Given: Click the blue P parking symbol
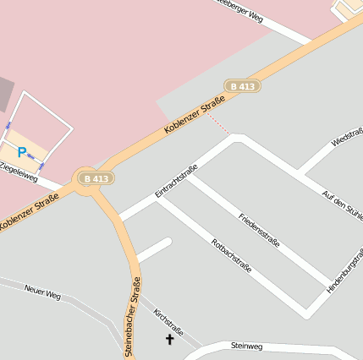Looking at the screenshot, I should pos(22,153).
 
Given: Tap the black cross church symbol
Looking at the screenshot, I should pos(169,340).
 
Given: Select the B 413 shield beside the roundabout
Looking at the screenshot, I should pos(95,178).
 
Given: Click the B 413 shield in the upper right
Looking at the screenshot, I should pos(243,86).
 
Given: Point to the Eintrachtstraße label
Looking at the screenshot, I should pos(176,182).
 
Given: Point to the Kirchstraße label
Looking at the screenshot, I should pos(168,321).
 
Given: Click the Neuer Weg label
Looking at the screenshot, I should pos(42,294).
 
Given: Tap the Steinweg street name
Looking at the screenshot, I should pos(247,346).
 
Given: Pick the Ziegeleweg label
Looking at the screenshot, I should pos(19,174).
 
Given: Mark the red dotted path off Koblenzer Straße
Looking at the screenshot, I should pos(218,124).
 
